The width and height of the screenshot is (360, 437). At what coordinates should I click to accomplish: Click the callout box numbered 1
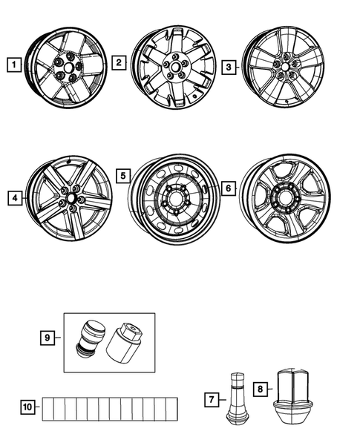click(12, 65)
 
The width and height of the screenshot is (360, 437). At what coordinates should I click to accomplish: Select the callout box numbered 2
click(119, 64)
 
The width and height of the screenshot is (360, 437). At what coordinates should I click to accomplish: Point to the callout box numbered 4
click(13, 198)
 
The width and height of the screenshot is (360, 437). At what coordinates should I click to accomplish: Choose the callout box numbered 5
click(124, 177)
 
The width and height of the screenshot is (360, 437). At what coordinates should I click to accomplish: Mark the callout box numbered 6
click(229, 189)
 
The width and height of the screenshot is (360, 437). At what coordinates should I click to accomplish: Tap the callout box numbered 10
click(27, 406)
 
